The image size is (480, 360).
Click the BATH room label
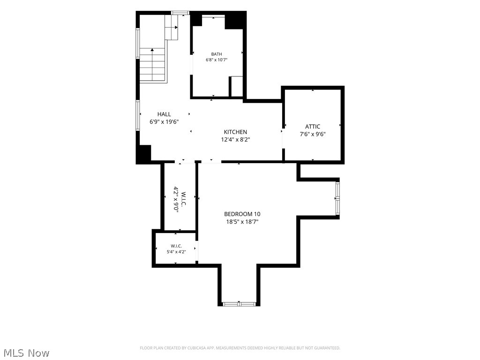217,54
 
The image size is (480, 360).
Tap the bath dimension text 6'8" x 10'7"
217,60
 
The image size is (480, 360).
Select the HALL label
164,114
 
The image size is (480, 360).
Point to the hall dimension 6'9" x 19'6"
164,122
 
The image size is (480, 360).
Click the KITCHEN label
235,132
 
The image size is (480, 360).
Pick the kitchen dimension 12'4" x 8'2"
235,140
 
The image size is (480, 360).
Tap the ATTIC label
313,127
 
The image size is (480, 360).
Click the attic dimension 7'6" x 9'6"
313,134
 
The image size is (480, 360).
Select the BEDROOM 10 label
242,214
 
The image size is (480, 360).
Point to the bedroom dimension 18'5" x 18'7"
242,222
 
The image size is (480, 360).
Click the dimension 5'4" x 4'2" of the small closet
176,252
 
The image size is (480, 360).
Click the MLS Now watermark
27,352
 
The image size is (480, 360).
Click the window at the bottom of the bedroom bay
239,304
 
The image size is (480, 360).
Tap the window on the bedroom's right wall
337,199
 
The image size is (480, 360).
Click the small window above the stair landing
180,13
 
